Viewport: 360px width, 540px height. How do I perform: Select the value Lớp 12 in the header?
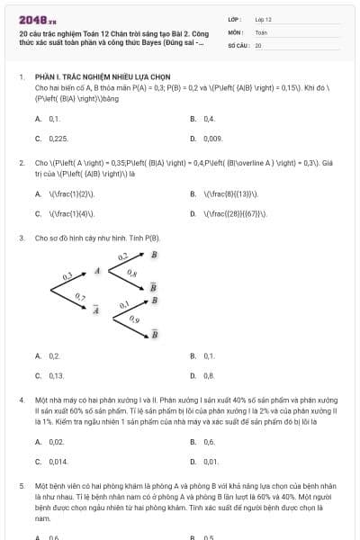click(x=263, y=18)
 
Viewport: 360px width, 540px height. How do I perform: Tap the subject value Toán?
click(x=261, y=31)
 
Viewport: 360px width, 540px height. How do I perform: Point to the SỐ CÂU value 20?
click(x=258, y=44)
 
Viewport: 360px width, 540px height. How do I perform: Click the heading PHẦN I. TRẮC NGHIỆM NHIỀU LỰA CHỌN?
click(x=93, y=77)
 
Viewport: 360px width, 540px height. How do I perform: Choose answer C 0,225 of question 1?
click(x=57, y=139)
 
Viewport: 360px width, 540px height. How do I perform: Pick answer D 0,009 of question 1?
click(x=212, y=139)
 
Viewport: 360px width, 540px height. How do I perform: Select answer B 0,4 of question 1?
click(x=209, y=119)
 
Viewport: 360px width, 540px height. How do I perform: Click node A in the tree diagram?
click(x=97, y=270)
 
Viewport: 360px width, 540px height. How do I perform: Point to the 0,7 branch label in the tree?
click(x=80, y=297)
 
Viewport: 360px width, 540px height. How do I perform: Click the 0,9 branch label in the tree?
click(x=134, y=319)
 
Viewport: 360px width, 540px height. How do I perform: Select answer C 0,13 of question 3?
click(x=56, y=375)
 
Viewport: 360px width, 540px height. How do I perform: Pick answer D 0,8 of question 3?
click(x=209, y=375)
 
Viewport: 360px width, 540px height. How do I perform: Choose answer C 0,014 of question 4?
click(x=58, y=461)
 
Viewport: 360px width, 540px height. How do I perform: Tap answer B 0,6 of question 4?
click(x=209, y=442)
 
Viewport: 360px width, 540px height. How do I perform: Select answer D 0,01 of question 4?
click(x=211, y=461)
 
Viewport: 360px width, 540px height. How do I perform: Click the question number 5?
click(x=21, y=484)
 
